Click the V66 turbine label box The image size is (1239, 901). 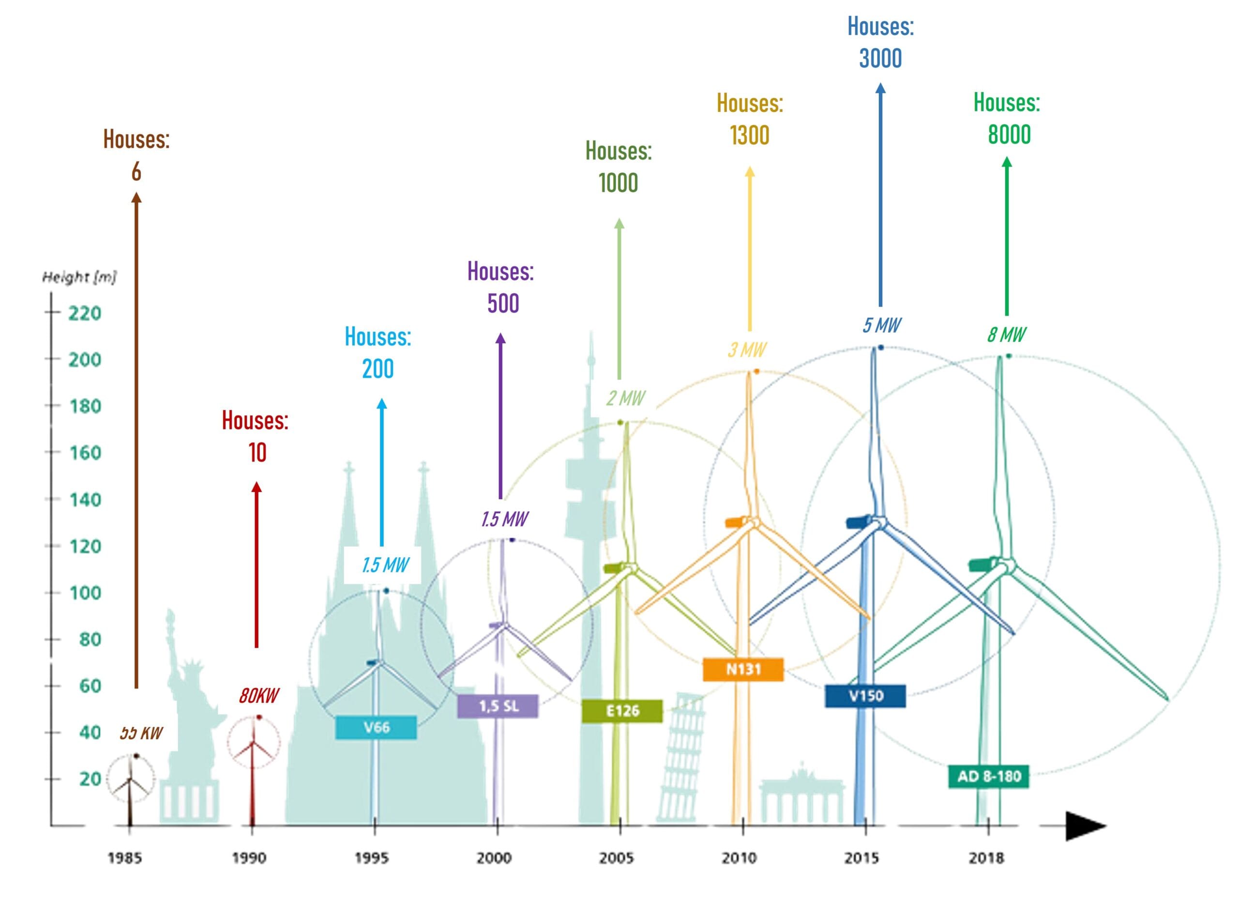pyautogui.click(x=376, y=727)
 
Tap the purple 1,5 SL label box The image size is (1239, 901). pyautogui.click(x=498, y=706)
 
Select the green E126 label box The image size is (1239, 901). pyautogui.click(x=622, y=711)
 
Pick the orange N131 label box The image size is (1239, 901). pyautogui.click(x=743, y=669)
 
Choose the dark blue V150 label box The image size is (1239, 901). pyautogui.click(x=865, y=696)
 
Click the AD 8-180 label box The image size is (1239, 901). pyautogui.click(x=989, y=777)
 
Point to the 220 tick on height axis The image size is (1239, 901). pyautogui.click(x=85, y=313)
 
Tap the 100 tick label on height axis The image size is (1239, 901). pyautogui.click(x=85, y=593)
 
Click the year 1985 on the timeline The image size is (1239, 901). pyautogui.click(x=124, y=858)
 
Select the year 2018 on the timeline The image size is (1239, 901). pyautogui.click(x=986, y=858)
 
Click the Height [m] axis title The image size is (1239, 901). pyautogui.click(x=80, y=277)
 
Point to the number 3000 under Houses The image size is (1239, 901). pyautogui.click(x=880, y=59)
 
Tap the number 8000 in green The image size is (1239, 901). pyautogui.click(x=1009, y=135)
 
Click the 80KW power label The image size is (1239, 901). pyautogui.click(x=258, y=696)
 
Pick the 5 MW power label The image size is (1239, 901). pyautogui.click(x=882, y=326)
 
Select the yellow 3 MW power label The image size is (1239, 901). pyautogui.click(x=747, y=350)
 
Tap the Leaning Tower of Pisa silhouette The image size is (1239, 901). pyautogui.click(x=682, y=760)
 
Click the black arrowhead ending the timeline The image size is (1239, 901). pyautogui.click(x=1085, y=826)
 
